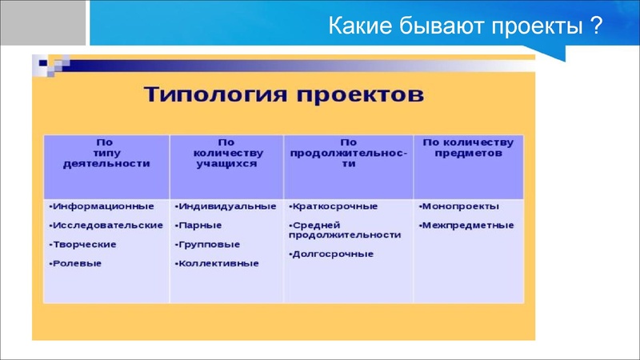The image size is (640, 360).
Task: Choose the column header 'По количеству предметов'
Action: [x=468, y=147]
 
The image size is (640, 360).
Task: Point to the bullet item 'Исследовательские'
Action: [x=107, y=226]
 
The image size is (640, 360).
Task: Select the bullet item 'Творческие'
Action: [x=84, y=245]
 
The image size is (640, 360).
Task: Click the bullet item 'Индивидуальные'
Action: [x=227, y=206]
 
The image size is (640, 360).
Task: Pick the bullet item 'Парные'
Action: [x=200, y=226]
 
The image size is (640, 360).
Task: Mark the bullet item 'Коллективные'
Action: [x=218, y=263]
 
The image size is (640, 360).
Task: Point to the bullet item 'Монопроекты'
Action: [x=462, y=206]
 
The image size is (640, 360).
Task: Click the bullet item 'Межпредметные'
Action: [x=468, y=226]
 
